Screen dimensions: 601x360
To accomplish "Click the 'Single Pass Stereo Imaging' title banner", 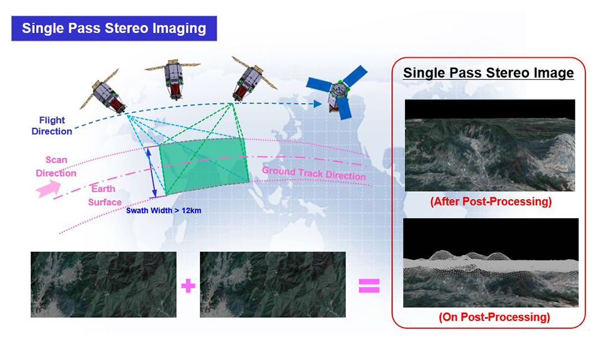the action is click(x=114, y=28).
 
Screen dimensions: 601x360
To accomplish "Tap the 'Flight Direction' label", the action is click(x=52, y=126).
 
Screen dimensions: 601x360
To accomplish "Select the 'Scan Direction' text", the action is click(x=56, y=166).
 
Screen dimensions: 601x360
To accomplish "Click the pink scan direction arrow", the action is click(x=48, y=189).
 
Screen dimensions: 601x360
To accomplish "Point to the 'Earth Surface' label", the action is click(x=104, y=195).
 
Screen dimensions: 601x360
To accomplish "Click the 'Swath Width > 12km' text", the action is click(x=163, y=210).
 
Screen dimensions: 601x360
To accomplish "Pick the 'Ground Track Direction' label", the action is click(x=314, y=174).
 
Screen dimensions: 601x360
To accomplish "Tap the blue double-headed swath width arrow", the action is click(x=152, y=172).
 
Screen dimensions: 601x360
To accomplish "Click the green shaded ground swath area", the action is click(x=204, y=166).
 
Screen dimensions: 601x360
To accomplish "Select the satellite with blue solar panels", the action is click(x=337, y=92).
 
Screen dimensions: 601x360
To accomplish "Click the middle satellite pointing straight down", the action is click(x=173, y=78).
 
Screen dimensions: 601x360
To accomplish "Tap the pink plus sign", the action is click(x=188, y=285).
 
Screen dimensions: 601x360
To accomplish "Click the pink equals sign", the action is click(x=369, y=285).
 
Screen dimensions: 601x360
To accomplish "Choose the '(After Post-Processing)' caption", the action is click(x=490, y=201).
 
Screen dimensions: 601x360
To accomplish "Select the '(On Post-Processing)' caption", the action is click(x=494, y=317).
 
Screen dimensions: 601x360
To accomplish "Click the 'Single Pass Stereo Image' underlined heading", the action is click(x=489, y=73).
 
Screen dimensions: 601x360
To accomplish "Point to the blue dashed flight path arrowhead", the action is click(x=317, y=103).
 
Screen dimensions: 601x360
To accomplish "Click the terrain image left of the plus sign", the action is click(x=103, y=284).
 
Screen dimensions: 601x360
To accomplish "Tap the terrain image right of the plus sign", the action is click(x=273, y=284).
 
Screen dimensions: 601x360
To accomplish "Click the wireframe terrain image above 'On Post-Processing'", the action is click(x=491, y=263).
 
